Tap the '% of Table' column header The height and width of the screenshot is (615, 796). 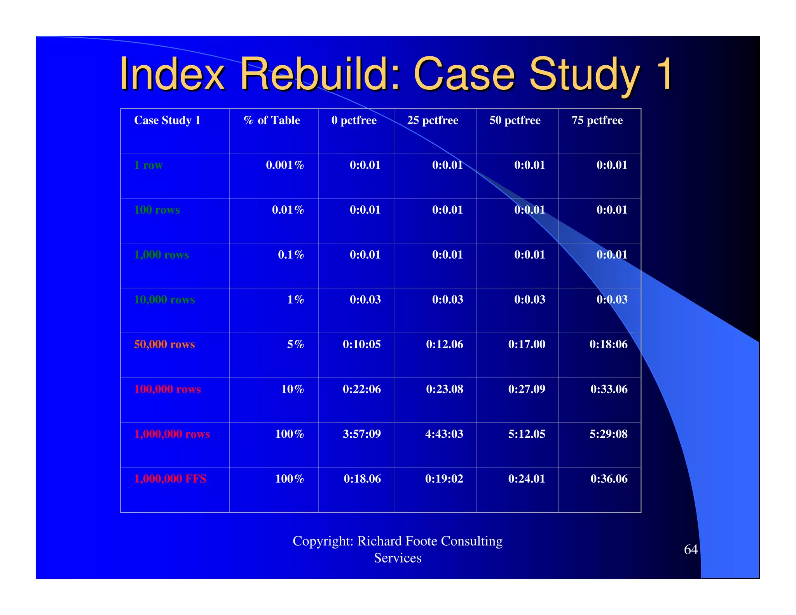pyautogui.click(x=272, y=121)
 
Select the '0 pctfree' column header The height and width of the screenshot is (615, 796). pyautogui.click(x=354, y=121)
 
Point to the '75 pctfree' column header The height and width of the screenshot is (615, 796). pyautogui.click(x=597, y=121)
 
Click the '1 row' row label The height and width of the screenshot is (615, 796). pyautogui.click(x=148, y=165)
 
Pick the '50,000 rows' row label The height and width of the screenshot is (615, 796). pyautogui.click(x=164, y=344)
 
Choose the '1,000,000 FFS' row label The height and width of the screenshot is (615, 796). pyautogui.click(x=170, y=479)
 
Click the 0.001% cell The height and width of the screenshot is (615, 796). pyautogui.click(x=285, y=165)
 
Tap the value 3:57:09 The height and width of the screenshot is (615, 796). pyautogui.click(x=361, y=434)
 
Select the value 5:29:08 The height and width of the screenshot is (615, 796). pyautogui.click(x=608, y=434)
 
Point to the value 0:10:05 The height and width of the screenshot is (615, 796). pyautogui.click(x=361, y=344)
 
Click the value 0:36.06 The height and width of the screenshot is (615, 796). pyautogui.click(x=609, y=479)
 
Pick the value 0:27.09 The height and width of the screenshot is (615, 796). pyautogui.click(x=527, y=389)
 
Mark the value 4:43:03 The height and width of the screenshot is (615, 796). pyautogui.click(x=444, y=434)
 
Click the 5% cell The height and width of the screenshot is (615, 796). pyautogui.click(x=295, y=344)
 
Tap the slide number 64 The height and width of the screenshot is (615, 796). pyautogui.click(x=691, y=550)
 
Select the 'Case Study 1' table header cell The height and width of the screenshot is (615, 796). pyautogui.click(x=167, y=121)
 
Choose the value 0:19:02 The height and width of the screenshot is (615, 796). pyautogui.click(x=444, y=479)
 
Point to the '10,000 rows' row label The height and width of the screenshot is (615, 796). pyautogui.click(x=164, y=300)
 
